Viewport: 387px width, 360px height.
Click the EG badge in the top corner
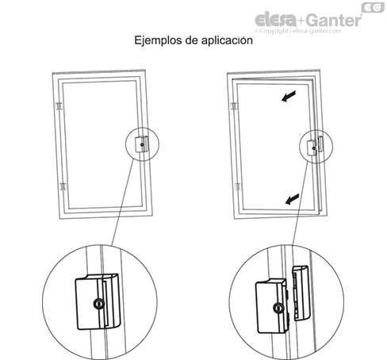tap(374, 8)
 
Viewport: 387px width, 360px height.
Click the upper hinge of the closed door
tap(59, 106)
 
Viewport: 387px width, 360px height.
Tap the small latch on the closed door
tap(142, 144)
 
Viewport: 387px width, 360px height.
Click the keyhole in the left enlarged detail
tap(98, 303)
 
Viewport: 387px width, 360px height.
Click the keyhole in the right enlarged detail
tap(278, 308)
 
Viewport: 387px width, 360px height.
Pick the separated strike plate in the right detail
tap(301, 291)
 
